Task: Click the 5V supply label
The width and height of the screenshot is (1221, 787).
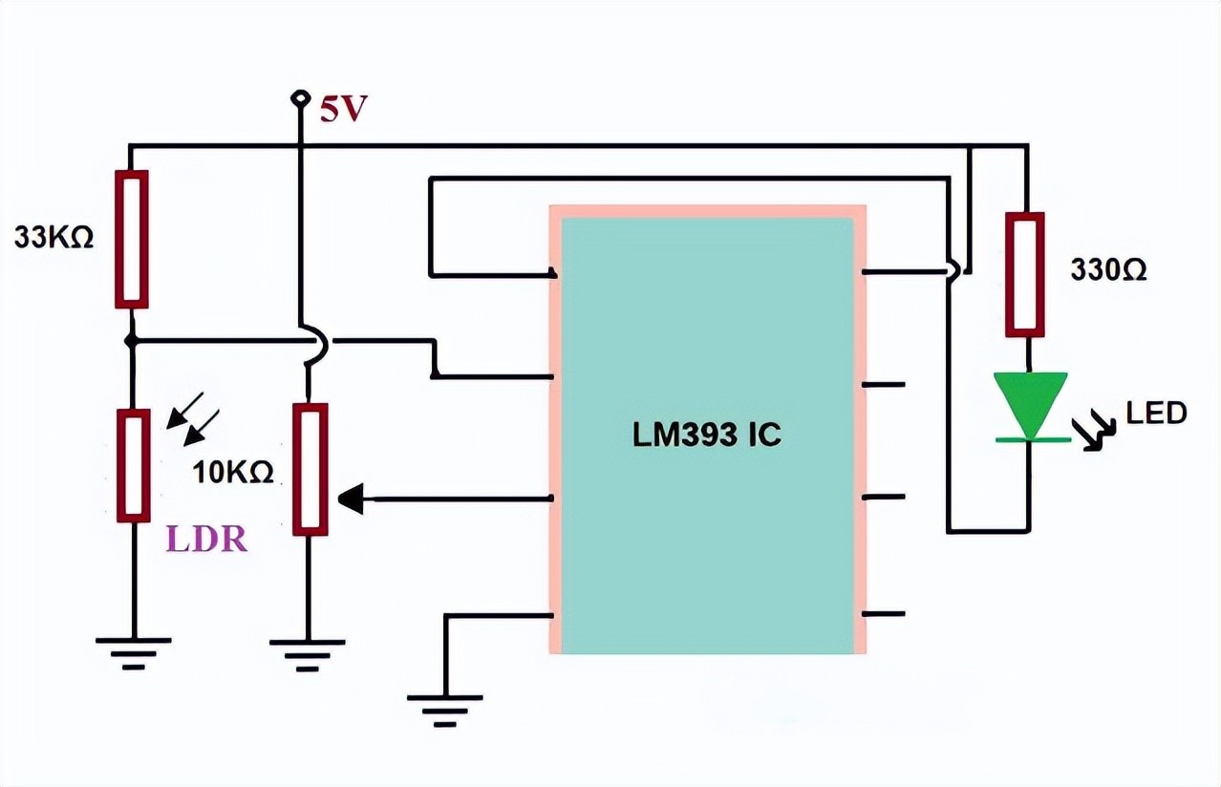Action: (x=342, y=110)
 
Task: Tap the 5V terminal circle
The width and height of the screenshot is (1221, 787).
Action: (x=301, y=97)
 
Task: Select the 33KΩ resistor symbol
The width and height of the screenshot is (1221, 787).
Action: (x=132, y=240)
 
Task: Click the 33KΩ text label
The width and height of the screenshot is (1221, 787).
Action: (x=54, y=238)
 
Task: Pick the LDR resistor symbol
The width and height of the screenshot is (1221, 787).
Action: (x=133, y=466)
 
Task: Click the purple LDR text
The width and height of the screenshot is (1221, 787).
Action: (x=206, y=540)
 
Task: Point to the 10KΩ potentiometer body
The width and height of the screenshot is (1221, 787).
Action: (x=310, y=469)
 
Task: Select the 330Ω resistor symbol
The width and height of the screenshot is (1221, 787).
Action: (x=1024, y=274)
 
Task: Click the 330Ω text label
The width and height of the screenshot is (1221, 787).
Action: (x=1108, y=270)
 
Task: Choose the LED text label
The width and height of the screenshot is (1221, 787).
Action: (x=1155, y=413)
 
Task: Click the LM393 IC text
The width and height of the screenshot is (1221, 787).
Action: (x=706, y=436)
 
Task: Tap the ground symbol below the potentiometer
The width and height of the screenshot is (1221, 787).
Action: (x=308, y=651)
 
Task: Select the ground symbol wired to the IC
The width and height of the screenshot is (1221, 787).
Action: (x=444, y=708)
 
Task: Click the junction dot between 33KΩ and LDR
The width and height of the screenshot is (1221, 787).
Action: (x=132, y=340)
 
